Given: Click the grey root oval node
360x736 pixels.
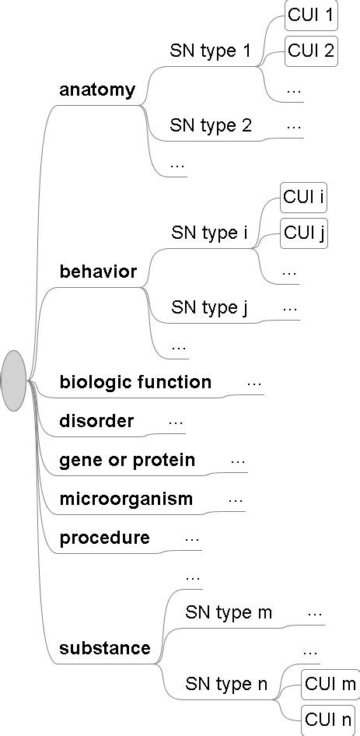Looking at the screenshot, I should click(x=14, y=380).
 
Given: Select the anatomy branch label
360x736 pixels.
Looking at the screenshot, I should click(x=97, y=90).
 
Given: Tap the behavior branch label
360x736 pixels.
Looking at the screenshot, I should click(x=98, y=272).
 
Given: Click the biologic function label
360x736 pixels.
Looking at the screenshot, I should click(x=135, y=382).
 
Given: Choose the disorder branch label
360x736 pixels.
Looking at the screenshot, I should click(x=96, y=422).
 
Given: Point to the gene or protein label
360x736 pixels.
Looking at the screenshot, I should click(x=127, y=461).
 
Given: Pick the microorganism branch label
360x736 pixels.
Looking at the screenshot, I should click(x=126, y=499).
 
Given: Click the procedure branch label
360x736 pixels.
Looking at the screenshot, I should click(x=104, y=538).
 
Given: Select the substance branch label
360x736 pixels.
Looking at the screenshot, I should click(x=105, y=648).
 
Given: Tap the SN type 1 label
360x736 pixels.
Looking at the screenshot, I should click(x=211, y=52).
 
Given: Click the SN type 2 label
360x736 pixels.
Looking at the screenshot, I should click(x=211, y=126).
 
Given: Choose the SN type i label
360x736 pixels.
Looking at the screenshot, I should click(x=208, y=233).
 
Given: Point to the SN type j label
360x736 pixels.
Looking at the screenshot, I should click(x=209, y=307).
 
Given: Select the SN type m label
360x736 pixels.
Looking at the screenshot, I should click(x=229, y=612).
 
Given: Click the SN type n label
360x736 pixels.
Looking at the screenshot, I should click(x=226, y=685).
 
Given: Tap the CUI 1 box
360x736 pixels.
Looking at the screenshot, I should click(x=311, y=15).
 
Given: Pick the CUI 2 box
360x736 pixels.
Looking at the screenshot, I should click(x=311, y=51).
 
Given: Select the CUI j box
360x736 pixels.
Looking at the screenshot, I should click(x=304, y=233).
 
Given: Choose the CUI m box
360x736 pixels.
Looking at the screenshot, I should click(x=330, y=684).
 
